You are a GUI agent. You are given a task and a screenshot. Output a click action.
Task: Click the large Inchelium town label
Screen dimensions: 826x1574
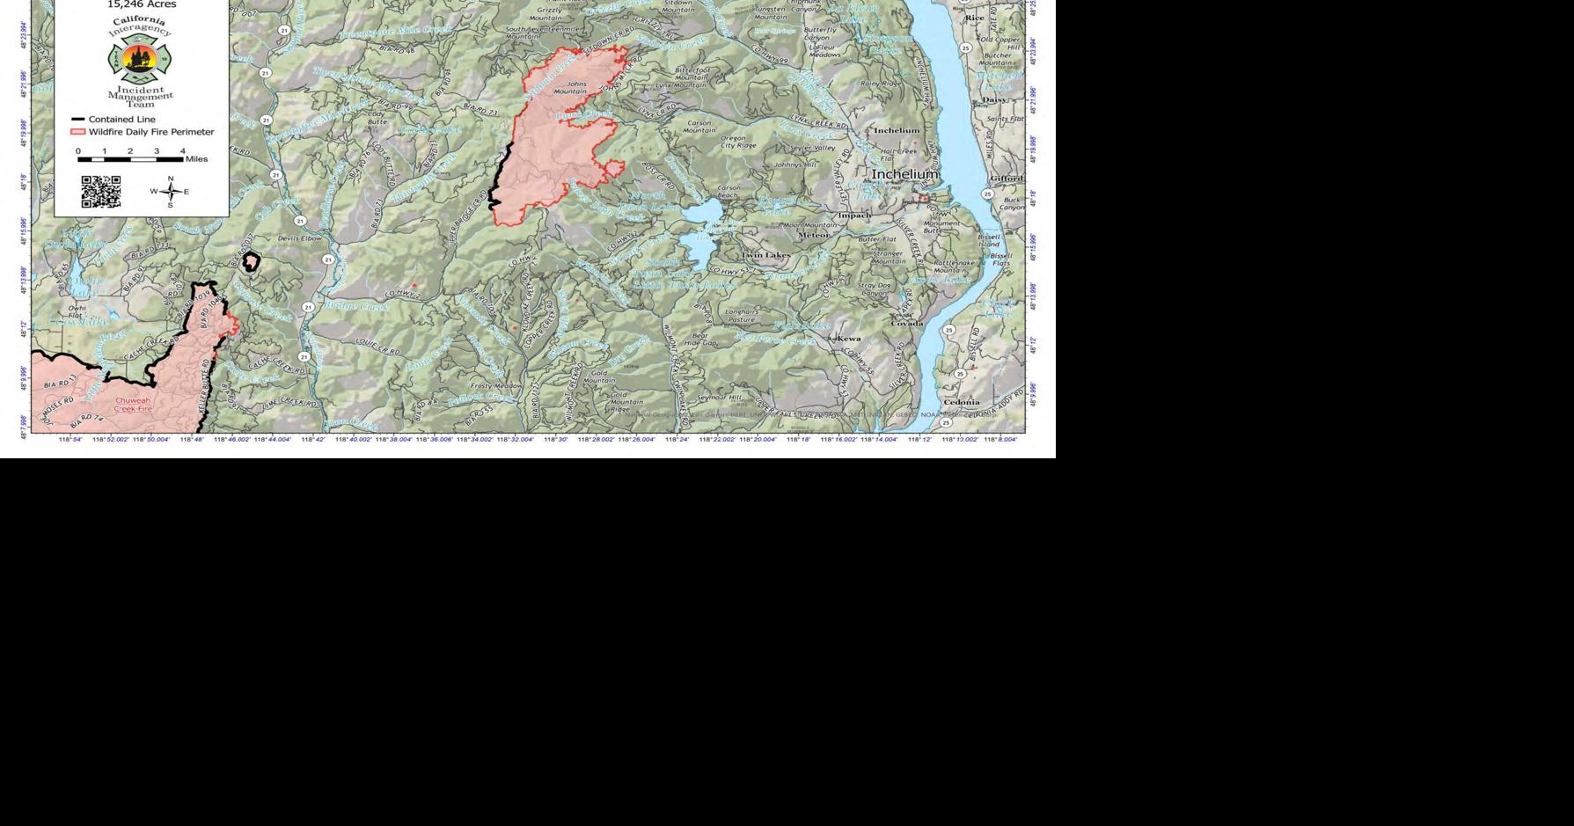[905, 175]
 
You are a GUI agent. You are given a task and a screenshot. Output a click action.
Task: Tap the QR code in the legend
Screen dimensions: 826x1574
[101, 192]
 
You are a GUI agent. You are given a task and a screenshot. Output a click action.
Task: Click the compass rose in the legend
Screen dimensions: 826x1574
[171, 191]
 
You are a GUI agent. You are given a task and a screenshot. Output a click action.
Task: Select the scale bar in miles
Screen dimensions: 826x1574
[131, 159]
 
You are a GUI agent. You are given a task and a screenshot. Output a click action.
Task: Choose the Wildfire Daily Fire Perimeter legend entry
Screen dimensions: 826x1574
[142, 132]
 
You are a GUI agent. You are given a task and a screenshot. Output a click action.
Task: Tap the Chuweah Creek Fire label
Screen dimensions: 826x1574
[133, 405]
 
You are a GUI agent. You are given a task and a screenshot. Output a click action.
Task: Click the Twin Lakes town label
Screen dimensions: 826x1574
[765, 255]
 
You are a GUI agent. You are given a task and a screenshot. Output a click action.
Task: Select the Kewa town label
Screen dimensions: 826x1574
[849, 339]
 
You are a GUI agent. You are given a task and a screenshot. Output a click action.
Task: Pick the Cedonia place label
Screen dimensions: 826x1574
[961, 403]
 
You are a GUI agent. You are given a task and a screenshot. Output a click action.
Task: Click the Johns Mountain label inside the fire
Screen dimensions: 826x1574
[570, 88]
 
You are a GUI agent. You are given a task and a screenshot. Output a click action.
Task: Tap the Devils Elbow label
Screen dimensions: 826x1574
[300, 238]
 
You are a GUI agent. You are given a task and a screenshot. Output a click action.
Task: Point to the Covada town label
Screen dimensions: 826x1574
[906, 324]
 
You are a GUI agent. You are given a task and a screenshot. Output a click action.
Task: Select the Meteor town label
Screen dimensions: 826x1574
[813, 236]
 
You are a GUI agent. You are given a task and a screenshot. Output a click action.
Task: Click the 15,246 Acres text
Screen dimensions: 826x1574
[142, 4]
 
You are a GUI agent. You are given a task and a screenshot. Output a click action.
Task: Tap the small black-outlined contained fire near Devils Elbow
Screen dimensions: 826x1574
[251, 262]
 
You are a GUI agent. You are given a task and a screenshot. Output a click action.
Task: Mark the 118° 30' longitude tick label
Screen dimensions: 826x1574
[556, 439]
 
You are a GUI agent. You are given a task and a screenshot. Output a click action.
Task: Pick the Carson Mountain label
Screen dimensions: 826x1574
[699, 127]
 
